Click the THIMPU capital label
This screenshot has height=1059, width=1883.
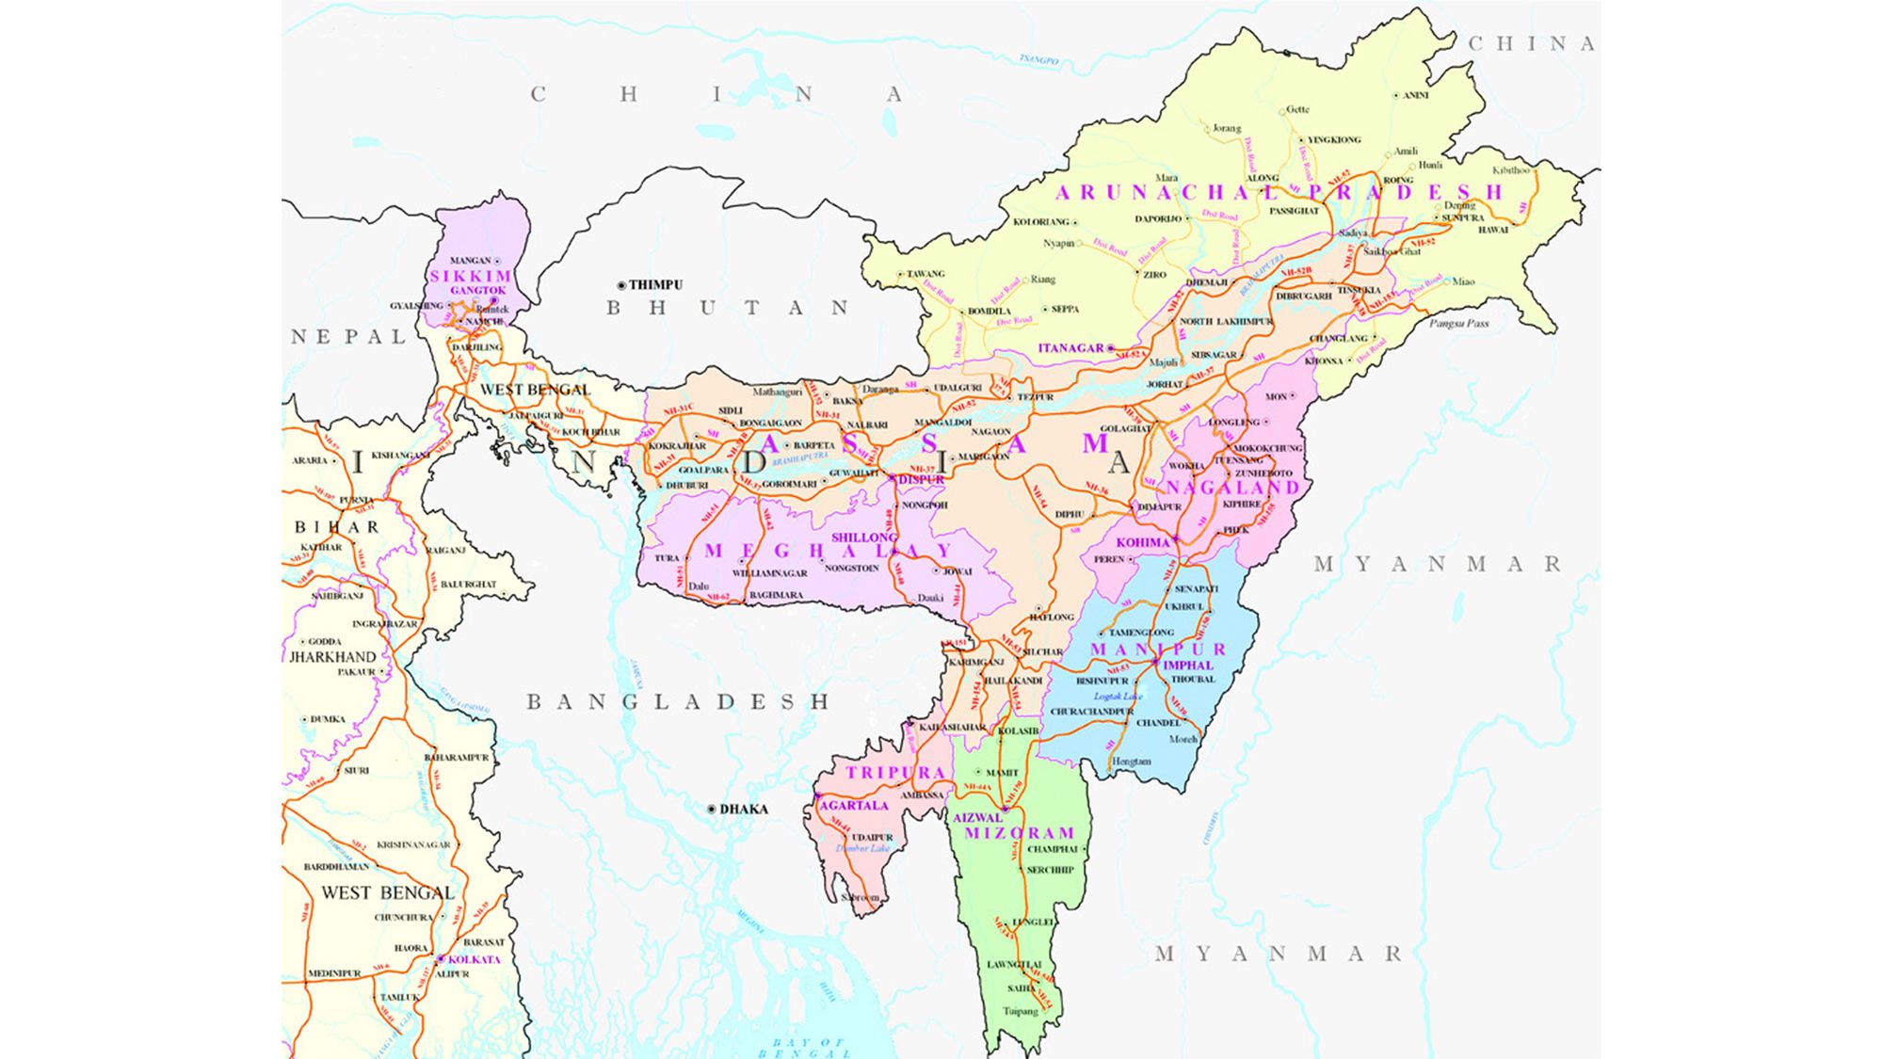click(x=655, y=284)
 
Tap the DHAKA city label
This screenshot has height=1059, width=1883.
click(x=744, y=809)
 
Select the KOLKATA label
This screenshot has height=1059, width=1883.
click(x=474, y=959)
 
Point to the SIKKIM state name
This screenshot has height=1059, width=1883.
click(x=471, y=276)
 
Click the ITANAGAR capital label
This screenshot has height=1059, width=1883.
click(x=1070, y=348)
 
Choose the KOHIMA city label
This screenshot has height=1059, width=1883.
click(x=1142, y=543)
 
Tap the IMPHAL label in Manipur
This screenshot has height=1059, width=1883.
click(x=1188, y=665)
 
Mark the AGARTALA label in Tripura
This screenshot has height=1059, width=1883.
click(x=854, y=806)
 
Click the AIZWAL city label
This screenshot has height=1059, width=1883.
click(x=977, y=818)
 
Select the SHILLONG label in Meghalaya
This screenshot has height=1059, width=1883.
click(x=863, y=538)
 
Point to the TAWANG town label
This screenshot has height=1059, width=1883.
click(x=925, y=274)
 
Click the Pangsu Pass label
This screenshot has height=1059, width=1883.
click(x=1458, y=323)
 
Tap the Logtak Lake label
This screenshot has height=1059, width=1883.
click(x=1118, y=697)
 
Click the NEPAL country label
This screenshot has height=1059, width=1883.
click(x=348, y=337)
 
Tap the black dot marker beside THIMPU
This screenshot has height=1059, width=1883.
click(x=620, y=285)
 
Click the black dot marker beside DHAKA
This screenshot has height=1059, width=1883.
click(x=712, y=809)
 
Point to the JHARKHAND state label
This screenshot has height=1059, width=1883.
click(x=332, y=657)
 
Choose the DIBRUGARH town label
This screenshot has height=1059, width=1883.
click(x=1304, y=296)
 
